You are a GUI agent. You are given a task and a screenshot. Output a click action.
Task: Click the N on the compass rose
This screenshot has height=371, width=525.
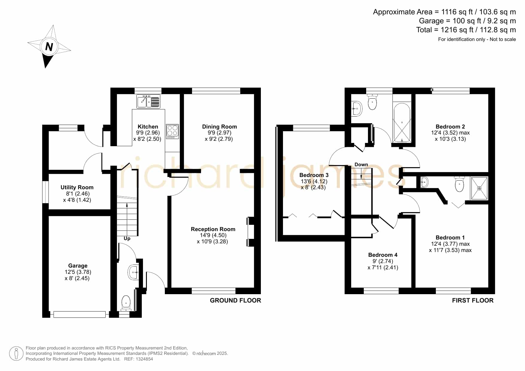pos(49,47)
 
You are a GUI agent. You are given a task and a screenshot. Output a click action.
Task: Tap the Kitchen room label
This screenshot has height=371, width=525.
pos(148,126)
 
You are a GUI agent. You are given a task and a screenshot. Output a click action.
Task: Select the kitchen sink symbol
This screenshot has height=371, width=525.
pos(148,101)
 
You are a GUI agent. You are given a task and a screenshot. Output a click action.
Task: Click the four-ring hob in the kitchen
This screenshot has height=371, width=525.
pos(172,132)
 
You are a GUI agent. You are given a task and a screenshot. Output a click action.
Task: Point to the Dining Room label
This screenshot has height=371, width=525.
pos(220,126)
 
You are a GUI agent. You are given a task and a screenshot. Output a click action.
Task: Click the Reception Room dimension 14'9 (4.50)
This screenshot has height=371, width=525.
pos(213,235)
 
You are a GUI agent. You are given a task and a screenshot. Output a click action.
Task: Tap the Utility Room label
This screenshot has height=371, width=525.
pos(77,187)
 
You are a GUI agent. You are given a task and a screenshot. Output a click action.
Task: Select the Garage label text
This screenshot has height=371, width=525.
pos(78,265)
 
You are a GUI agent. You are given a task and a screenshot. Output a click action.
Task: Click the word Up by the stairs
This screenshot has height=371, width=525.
pos(127,239)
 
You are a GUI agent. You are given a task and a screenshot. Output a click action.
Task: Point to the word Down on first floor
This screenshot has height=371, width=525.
pos(361,164)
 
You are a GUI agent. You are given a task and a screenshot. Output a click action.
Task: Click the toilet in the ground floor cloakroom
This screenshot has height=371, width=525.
pos(126,303)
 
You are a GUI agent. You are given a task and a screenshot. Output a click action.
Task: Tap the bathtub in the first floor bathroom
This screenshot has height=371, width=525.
pos(402,123)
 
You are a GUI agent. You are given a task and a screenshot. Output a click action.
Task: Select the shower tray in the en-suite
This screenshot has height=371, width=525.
pos(479,188)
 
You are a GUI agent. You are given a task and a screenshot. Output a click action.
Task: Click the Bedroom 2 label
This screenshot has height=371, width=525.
pos(450,126)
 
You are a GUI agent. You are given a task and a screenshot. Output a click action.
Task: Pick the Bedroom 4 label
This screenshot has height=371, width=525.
pos(383,255)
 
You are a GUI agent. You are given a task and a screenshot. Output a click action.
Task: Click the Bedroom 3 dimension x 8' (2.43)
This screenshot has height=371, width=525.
pos(313,187)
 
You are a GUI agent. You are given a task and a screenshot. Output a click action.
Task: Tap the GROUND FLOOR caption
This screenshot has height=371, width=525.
pos(235,300)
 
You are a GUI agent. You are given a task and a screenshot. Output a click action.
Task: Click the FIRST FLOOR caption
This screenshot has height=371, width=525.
pos(473,300)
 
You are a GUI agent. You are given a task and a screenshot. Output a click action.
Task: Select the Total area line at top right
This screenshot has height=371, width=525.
pos(466,30)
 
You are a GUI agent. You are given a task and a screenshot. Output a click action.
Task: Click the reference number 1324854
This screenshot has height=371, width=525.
pos(145,359)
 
